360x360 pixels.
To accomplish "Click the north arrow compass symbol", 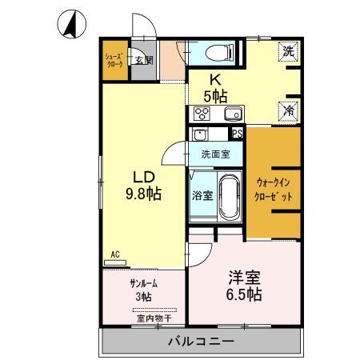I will point(70,26).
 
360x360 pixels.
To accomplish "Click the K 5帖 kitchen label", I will point(214,87).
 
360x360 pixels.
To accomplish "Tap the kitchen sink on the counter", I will point(233,113).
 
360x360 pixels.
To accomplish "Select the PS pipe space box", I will point(237,134).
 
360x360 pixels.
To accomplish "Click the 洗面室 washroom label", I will point(215,154).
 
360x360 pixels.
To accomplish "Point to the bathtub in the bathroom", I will point(230,196).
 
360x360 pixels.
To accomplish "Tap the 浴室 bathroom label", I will point(202,195).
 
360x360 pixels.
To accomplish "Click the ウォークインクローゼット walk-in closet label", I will point(274,189).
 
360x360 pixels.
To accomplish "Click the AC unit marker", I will point(115,256).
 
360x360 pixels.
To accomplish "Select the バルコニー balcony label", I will point(200,342).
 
